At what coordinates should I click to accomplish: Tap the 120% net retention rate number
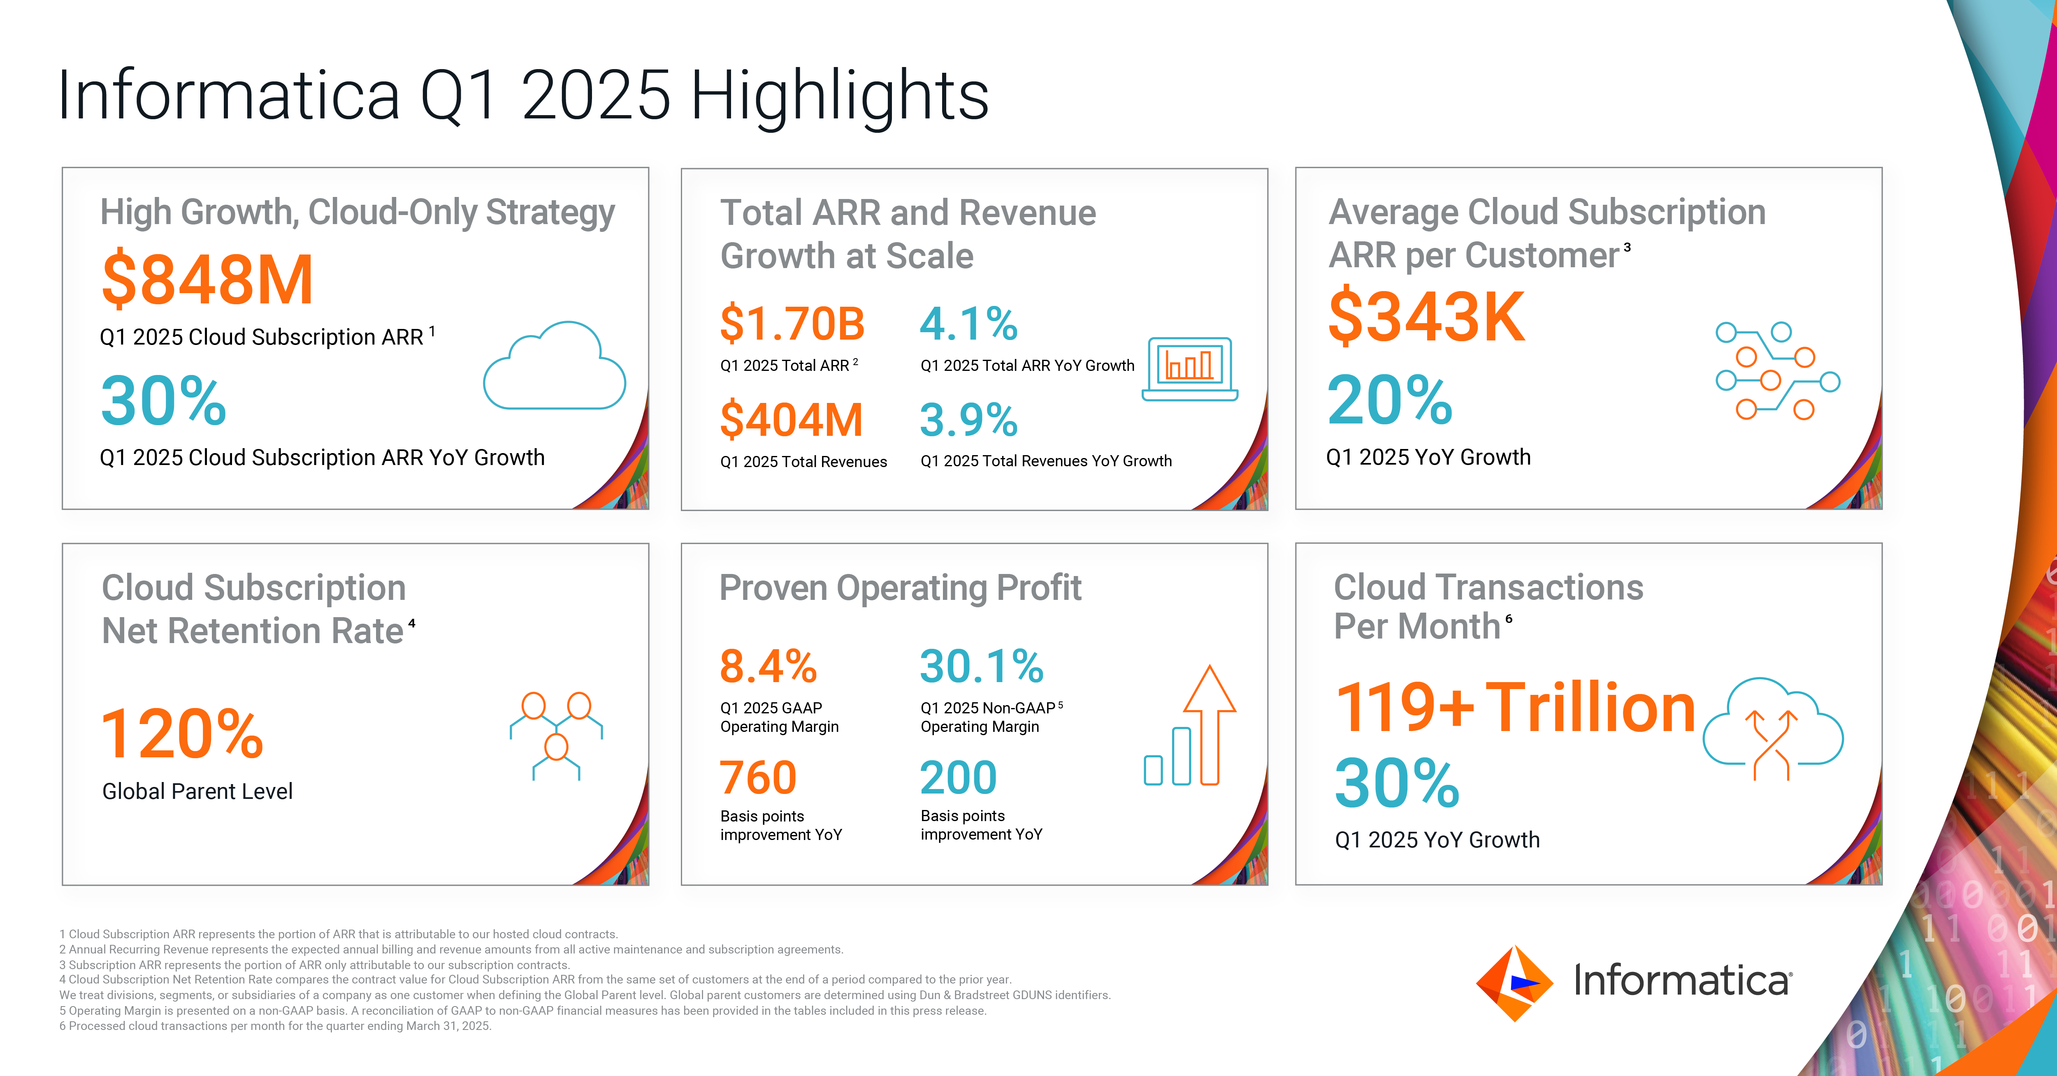[182, 734]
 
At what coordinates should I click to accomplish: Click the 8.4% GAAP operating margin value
[768, 666]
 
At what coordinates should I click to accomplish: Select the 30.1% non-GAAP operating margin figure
[981, 666]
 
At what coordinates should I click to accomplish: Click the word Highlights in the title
[839, 96]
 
